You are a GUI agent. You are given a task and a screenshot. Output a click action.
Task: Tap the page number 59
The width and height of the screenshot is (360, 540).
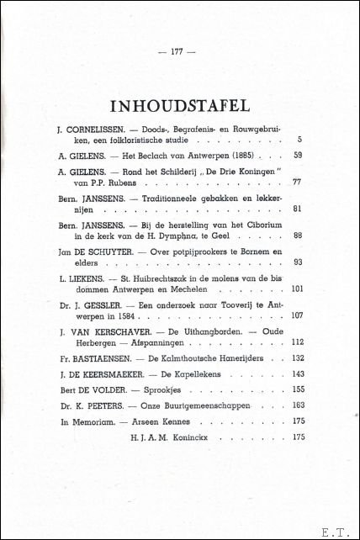298,156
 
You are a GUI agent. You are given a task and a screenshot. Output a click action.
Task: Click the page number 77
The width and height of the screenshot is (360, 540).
298,181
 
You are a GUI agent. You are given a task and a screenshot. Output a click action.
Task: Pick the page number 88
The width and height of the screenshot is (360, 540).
298,237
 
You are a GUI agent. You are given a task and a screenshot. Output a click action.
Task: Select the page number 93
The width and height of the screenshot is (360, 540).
298,265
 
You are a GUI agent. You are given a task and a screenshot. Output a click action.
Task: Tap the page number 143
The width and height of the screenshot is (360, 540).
296,373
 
